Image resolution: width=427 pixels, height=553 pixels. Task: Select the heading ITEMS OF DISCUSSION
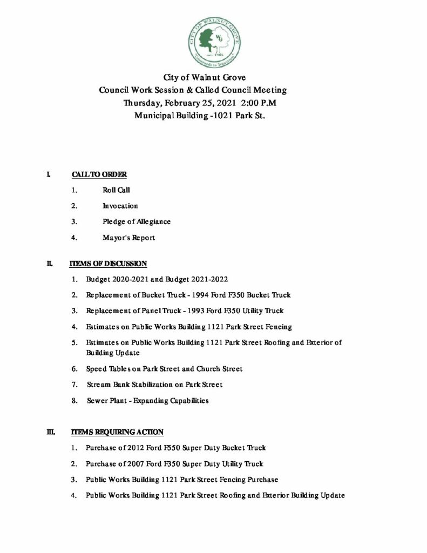[x=109, y=264]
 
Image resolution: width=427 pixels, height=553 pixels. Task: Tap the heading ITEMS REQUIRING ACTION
[x=117, y=432]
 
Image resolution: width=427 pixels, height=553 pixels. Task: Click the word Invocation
[x=120, y=206]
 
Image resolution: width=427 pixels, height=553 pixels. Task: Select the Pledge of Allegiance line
[x=137, y=221]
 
